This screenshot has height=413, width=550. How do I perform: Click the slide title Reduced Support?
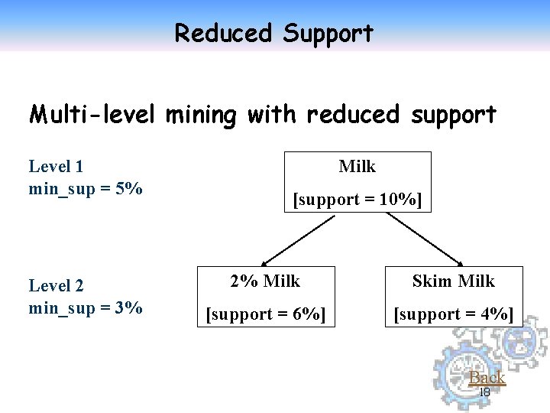click(274, 33)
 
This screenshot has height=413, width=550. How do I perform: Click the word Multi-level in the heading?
click(92, 115)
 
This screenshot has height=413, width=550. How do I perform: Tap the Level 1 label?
click(56, 166)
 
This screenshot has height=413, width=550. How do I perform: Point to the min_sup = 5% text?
click(86, 188)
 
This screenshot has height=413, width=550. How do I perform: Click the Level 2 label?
click(56, 286)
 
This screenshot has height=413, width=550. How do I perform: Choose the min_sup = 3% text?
click(86, 308)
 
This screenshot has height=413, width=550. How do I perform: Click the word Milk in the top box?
click(357, 166)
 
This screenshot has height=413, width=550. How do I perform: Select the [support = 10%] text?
click(357, 200)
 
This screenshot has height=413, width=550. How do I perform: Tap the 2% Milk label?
click(266, 281)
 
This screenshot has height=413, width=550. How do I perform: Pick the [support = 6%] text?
click(266, 314)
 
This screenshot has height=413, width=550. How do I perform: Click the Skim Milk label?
click(454, 281)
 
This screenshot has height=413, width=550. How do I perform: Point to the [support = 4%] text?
click(454, 314)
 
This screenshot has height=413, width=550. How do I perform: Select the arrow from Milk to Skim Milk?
click(428, 238)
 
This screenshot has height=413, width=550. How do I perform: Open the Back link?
click(487, 377)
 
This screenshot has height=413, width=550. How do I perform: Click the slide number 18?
click(484, 392)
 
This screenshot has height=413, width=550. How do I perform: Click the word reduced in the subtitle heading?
click(353, 115)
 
